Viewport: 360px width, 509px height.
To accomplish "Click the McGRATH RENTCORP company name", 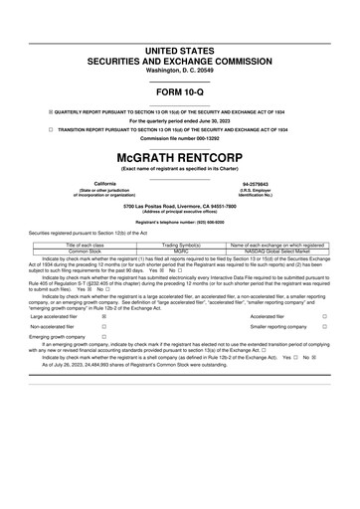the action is coord(179,157).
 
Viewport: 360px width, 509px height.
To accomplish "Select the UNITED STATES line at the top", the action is coord(179,50).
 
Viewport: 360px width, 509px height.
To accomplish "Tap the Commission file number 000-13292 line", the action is coord(179,139).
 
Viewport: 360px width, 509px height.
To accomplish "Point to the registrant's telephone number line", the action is coord(179,223).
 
